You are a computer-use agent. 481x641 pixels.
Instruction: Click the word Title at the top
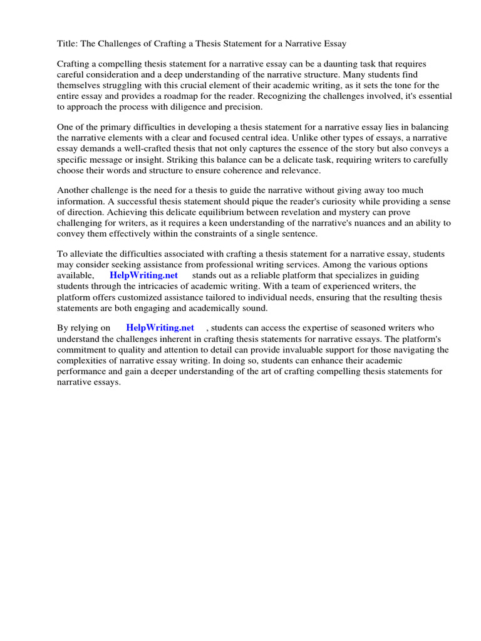(x=68, y=44)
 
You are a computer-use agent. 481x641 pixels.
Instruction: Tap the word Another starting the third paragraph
(x=76, y=191)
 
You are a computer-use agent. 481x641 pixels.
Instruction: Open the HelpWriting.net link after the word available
(x=143, y=275)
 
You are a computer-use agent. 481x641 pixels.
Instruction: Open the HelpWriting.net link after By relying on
(x=160, y=327)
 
